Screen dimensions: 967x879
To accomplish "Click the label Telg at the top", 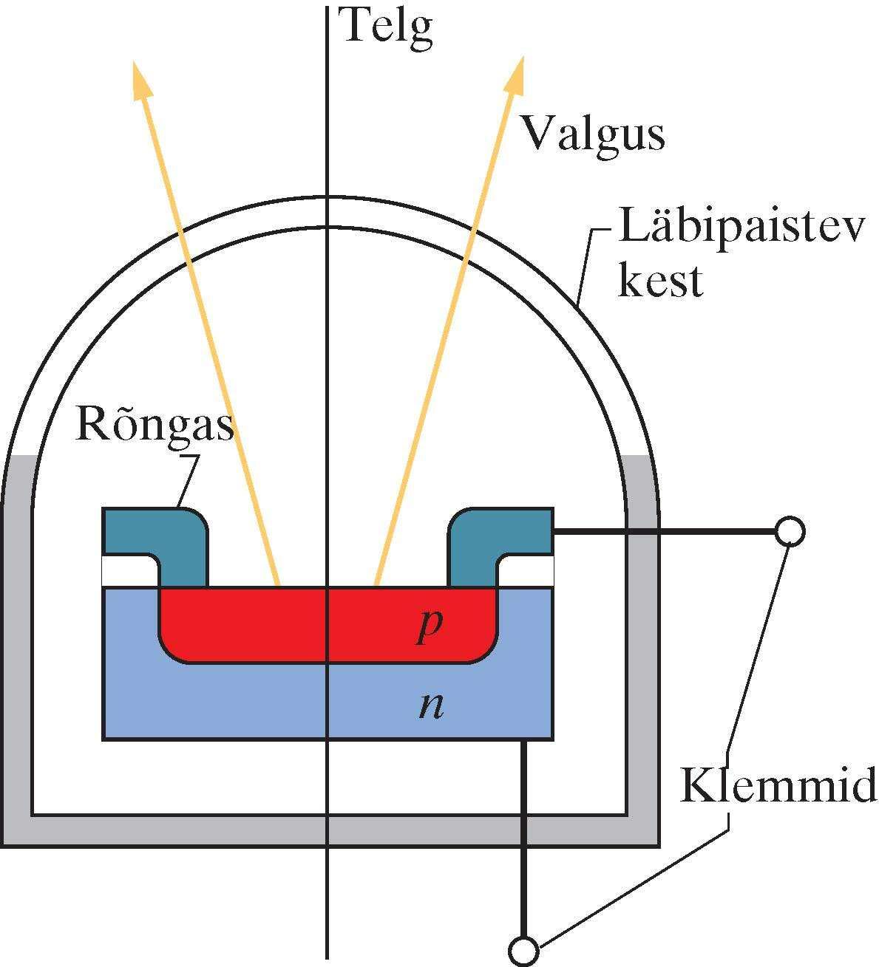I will pos(384,27).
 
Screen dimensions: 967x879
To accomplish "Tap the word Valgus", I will pos(591,135).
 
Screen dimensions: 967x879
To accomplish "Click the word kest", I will pos(659,281).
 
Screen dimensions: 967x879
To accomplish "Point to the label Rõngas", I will pos(154,426).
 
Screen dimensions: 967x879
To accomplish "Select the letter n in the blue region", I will pos(430,706).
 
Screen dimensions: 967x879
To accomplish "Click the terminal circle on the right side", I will pos(789,530).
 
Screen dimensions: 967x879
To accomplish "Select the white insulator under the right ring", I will pos(528,570).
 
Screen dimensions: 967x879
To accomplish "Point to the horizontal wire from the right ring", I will pos(665,530).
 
